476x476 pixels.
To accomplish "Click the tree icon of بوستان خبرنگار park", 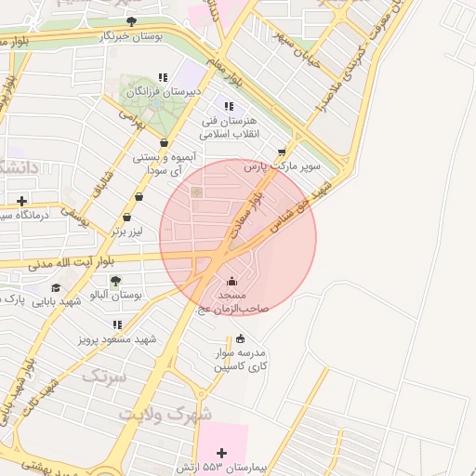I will (130, 21).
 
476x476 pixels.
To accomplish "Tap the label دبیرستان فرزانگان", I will (159, 93).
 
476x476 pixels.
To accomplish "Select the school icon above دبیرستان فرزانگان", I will (164, 78).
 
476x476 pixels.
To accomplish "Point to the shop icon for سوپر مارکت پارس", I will (282, 152).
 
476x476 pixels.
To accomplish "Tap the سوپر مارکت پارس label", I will (282, 167).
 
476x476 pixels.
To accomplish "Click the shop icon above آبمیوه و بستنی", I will (164, 143).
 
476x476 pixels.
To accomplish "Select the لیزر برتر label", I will (131, 227).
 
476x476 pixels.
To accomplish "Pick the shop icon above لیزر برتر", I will (139, 197).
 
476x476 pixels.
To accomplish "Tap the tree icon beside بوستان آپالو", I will (115, 281).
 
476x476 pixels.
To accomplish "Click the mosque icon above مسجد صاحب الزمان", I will (231, 280).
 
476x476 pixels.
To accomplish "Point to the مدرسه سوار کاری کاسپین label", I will (241, 360).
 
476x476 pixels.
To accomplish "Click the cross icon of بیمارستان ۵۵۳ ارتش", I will (221, 453).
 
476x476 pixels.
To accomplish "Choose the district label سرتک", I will (102, 377).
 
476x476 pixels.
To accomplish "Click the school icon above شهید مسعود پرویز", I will (117, 325).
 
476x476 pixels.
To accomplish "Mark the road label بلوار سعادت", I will (254, 208).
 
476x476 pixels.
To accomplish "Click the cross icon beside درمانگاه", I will (22, 201).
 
